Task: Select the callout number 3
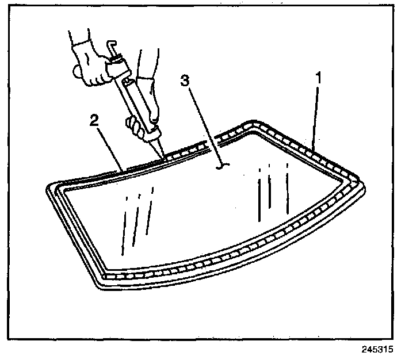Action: [x=184, y=81]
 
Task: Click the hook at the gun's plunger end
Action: [x=112, y=46]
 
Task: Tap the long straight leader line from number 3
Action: [x=201, y=124]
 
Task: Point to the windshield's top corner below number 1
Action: [x=253, y=124]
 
